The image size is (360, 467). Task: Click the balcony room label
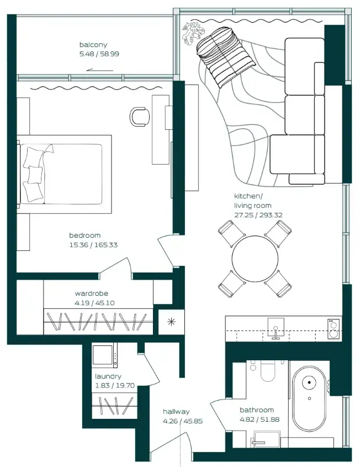point(93,45)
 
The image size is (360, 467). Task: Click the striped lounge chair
point(219,54)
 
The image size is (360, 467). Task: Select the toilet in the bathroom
point(267,372)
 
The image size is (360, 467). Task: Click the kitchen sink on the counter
point(275,329)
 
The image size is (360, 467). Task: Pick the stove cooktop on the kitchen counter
point(333,329)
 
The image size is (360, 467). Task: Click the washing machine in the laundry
point(104,355)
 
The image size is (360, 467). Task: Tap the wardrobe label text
point(92,293)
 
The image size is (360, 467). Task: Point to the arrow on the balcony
point(100,70)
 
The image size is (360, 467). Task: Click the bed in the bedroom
point(65,174)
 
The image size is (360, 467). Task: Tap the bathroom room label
point(257,410)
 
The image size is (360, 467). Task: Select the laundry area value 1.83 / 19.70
point(114,386)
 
